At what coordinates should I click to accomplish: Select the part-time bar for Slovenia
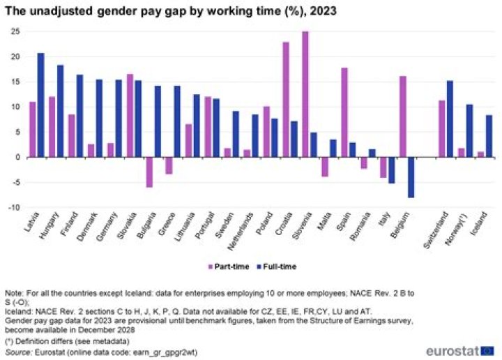[305, 94]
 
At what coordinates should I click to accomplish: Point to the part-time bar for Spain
[344, 112]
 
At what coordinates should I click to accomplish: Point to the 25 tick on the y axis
[14, 31]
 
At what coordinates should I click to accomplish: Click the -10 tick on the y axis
[13, 208]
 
